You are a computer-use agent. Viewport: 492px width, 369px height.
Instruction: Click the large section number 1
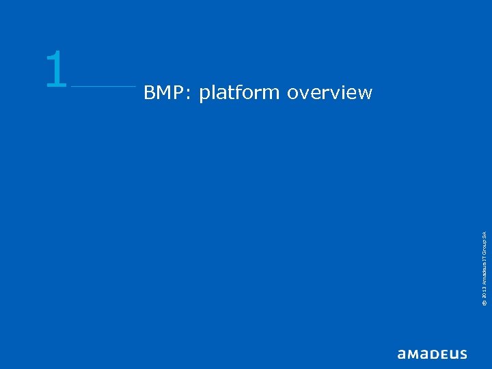(x=56, y=70)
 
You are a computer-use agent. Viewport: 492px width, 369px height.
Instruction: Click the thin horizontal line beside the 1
(x=103, y=86)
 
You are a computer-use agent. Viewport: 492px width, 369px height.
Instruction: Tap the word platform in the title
(x=239, y=93)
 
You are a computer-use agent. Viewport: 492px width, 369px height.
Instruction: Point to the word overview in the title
(x=329, y=92)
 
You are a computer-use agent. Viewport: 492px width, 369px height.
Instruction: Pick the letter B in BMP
(x=149, y=92)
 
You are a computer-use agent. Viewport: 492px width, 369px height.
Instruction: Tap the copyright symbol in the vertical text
(x=483, y=303)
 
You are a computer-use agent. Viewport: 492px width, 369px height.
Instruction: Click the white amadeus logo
(x=432, y=354)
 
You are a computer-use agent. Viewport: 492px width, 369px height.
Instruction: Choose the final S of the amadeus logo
(x=463, y=354)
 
